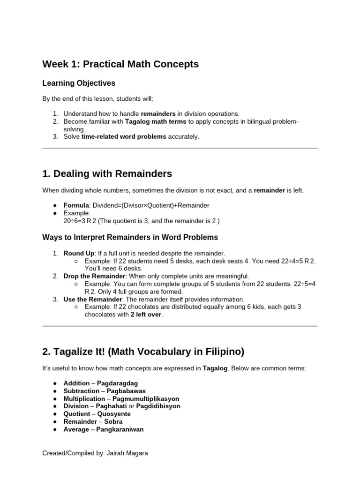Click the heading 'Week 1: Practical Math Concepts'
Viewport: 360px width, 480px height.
pyautogui.click(x=120, y=64)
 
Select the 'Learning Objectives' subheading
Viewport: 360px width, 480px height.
pyautogui.click(x=79, y=83)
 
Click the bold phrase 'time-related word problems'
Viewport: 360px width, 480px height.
pyautogui.click(x=124, y=136)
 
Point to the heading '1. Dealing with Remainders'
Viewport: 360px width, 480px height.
pyautogui.click(x=107, y=174)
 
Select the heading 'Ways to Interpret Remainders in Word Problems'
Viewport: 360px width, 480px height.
pyautogui.click(x=130, y=238)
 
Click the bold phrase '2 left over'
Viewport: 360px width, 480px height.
pyautogui.click(x=146, y=315)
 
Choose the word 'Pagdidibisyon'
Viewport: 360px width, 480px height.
pyautogui.click(x=157, y=406)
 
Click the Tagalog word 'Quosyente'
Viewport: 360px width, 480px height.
pyautogui.click(x=114, y=414)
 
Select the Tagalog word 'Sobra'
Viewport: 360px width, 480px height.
pyautogui.click(x=113, y=421)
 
